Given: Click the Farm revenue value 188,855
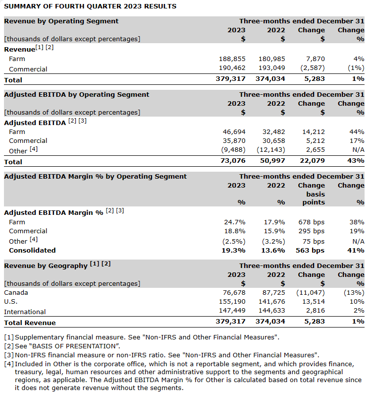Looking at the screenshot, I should (x=232, y=59).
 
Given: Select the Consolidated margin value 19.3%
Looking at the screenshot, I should (x=234, y=251).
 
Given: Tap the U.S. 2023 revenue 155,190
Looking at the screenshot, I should (x=232, y=302).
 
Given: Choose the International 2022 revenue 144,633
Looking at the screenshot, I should (x=272, y=311).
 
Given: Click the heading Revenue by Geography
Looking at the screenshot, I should (x=46, y=266).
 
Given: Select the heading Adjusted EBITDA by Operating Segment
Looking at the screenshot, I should (x=76, y=94).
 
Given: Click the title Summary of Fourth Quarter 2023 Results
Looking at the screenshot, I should (x=90, y=6).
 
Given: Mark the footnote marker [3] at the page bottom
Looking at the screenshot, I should (x=9, y=355).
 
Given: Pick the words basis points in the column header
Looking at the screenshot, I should (x=312, y=198).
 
